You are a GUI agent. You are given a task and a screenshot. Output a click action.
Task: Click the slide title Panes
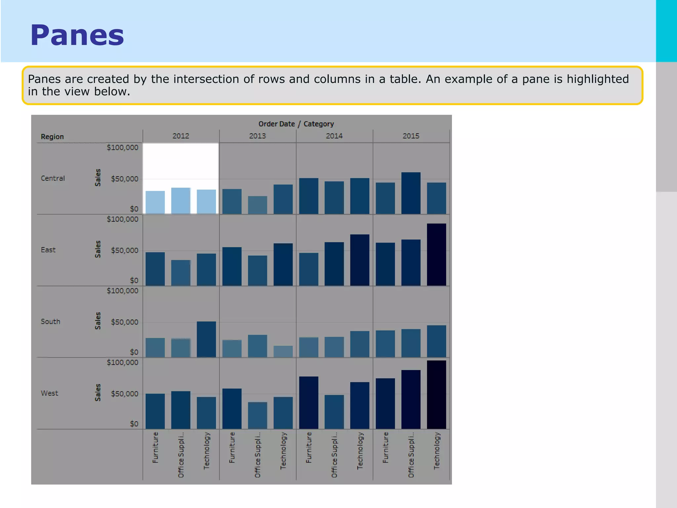[x=77, y=35]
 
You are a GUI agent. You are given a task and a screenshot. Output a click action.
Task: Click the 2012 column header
[x=181, y=136]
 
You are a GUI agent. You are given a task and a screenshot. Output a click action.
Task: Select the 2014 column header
[x=334, y=136]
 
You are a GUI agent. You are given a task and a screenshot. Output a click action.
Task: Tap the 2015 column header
[x=411, y=136]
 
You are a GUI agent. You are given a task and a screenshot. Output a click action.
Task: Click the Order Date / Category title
[x=296, y=124]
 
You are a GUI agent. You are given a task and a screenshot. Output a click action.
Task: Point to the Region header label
[x=52, y=137]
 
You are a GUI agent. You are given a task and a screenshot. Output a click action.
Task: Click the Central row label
[x=53, y=178]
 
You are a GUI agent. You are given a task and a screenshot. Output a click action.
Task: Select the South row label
[x=51, y=321]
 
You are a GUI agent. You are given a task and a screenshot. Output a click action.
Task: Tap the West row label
[x=50, y=393]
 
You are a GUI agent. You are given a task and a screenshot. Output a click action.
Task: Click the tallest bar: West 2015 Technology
[x=436, y=395]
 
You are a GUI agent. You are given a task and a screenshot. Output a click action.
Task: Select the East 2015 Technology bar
[x=436, y=255]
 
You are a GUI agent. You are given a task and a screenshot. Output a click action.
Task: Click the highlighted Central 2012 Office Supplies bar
[x=181, y=201]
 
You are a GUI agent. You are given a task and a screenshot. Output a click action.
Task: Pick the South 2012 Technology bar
[x=206, y=339]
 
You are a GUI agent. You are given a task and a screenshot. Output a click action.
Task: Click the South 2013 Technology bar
[x=283, y=351]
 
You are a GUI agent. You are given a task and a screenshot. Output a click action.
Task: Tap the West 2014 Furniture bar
[x=309, y=403]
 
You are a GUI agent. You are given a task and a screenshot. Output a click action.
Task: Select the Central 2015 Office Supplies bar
[x=411, y=193]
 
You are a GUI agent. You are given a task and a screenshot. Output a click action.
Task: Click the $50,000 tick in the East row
[x=124, y=250]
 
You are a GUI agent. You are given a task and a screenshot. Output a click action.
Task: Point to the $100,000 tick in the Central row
[x=122, y=148]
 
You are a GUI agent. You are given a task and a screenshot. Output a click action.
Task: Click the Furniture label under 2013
[x=232, y=447]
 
